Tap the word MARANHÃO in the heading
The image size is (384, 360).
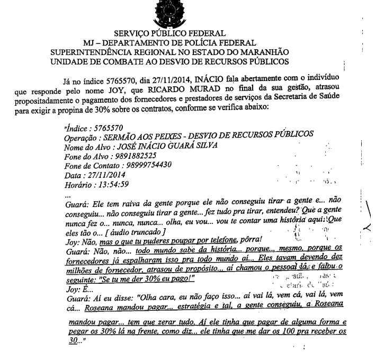coord(263,52)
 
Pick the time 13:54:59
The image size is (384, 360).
coord(114,184)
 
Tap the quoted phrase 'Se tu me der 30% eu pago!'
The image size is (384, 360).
coord(148,279)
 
